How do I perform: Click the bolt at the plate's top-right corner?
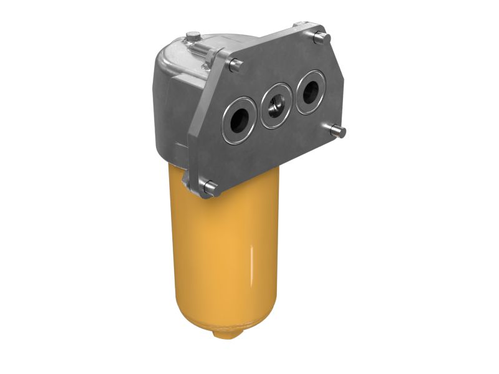[320, 37]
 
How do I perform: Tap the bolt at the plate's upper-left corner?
[235, 64]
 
